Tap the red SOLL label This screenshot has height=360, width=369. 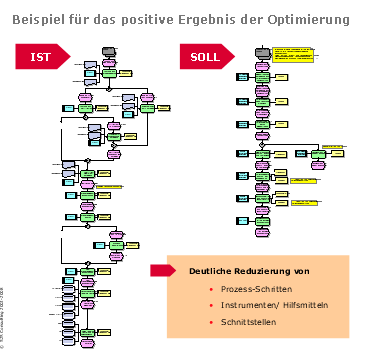coord(204,57)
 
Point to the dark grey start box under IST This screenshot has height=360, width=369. coord(108,50)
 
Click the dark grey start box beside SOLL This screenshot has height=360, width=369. coord(262,51)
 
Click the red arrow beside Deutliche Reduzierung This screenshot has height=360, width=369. coord(162,270)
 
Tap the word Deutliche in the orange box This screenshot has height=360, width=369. coord(213,271)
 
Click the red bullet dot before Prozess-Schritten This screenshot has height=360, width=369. coord(211,288)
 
